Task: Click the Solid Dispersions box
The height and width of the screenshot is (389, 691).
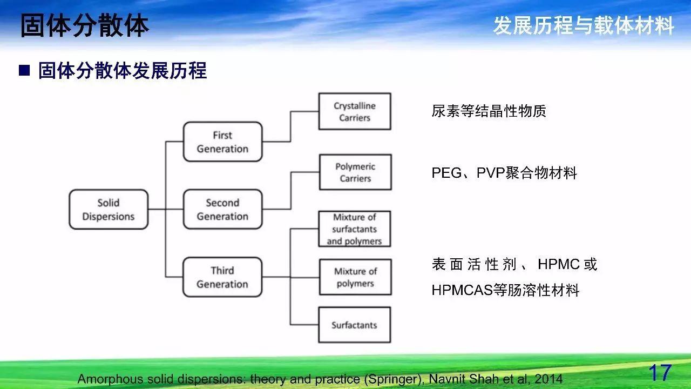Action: click(x=109, y=209)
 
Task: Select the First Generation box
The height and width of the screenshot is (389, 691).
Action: click(x=223, y=142)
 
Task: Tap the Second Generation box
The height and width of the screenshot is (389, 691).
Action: click(x=223, y=209)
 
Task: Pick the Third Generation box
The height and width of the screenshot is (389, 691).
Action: click(x=222, y=277)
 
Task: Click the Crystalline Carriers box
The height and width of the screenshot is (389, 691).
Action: click(x=355, y=111)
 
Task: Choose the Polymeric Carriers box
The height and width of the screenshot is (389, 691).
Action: click(x=355, y=172)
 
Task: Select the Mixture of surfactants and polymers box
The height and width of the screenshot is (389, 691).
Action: click(x=355, y=229)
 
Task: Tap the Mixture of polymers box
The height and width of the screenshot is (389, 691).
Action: click(x=355, y=277)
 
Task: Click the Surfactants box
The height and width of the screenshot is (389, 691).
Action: click(x=355, y=325)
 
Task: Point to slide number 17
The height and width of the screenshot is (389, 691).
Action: click(x=660, y=373)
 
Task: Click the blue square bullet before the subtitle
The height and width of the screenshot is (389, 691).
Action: click(x=24, y=70)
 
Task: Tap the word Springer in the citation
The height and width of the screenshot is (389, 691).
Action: click(x=392, y=379)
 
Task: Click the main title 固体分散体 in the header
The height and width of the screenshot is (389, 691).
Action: click(x=85, y=25)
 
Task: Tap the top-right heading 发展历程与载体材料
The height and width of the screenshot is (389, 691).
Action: click(x=584, y=25)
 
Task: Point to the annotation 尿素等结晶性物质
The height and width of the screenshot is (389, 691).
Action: click(x=489, y=111)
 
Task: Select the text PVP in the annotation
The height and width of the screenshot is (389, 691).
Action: click(x=491, y=173)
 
